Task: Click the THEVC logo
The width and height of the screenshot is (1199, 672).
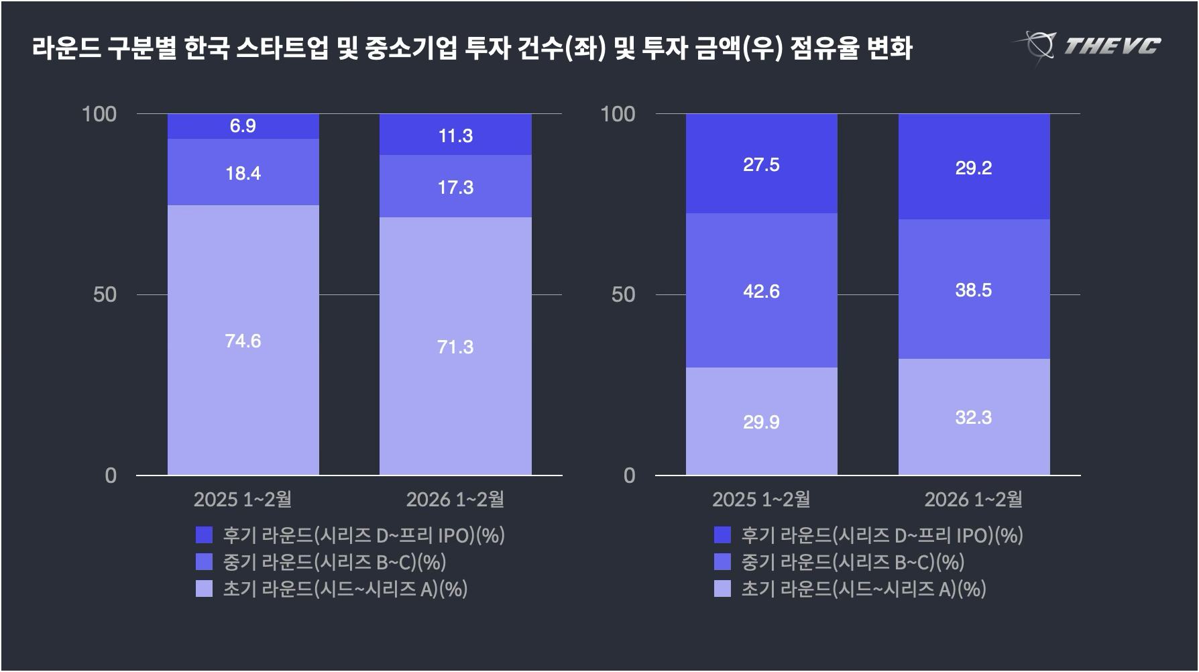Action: coord(1087,46)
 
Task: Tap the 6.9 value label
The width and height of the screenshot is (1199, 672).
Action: coord(243,126)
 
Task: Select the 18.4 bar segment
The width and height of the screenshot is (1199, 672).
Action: coord(243,172)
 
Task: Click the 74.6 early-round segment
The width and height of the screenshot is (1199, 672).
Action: coord(243,341)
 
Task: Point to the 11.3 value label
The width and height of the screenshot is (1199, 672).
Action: coord(455,136)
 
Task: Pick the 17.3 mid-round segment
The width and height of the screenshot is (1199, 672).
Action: coord(455,187)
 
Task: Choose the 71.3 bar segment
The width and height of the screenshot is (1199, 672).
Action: coord(455,347)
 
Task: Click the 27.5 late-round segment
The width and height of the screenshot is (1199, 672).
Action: coord(761,165)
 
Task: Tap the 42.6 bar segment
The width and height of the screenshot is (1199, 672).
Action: coord(761,291)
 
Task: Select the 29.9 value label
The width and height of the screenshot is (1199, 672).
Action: coord(761,423)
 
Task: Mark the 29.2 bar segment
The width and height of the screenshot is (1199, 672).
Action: coord(974,168)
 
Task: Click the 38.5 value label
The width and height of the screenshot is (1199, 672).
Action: coord(974,290)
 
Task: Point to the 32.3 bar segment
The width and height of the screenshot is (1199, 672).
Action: coord(974,418)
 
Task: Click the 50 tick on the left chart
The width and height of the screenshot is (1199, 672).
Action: coord(105,294)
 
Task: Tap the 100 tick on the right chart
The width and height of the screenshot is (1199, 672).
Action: coord(618,114)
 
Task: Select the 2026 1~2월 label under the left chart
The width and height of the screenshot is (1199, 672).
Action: coord(455,499)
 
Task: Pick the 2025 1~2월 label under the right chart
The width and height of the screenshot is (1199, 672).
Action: coord(761,499)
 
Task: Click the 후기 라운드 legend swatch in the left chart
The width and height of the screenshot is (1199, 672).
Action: coord(204,535)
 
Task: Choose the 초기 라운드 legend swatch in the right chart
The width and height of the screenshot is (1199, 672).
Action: coord(722,589)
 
